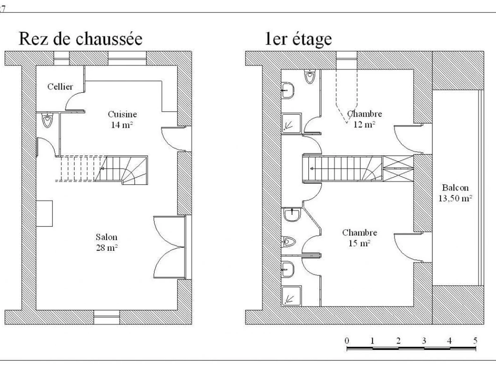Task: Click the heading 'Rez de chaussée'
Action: (80, 39)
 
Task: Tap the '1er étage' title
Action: (298, 39)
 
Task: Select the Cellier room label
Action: (60, 87)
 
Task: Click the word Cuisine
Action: (122, 114)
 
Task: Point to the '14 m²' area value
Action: (122, 124)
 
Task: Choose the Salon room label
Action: (107, 237)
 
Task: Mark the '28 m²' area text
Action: (107, 248)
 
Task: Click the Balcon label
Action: (455, 188)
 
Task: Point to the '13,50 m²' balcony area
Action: (455, 198)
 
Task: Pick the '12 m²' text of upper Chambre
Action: (364, 124)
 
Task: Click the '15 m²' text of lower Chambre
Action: (359, 243)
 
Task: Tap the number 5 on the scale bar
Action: (475, 341)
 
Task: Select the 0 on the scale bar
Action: (347, 341)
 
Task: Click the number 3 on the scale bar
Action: (424, 341)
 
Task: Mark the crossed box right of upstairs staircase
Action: (398, 168)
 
